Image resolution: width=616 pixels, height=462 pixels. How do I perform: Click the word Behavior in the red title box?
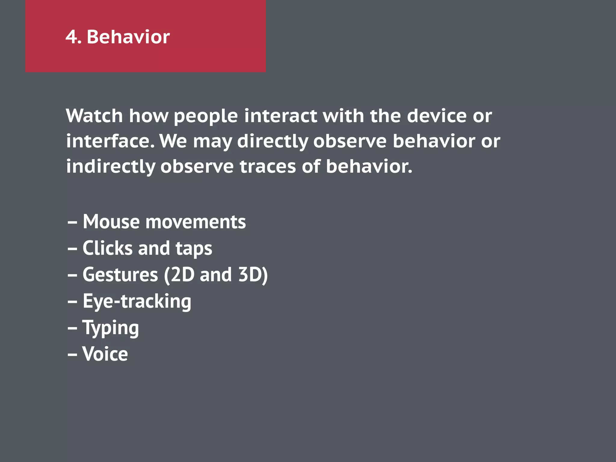128,37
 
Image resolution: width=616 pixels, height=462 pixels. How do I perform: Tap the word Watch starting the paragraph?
94,116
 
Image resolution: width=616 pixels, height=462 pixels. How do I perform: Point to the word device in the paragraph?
436,116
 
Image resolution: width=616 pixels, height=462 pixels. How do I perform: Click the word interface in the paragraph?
110,141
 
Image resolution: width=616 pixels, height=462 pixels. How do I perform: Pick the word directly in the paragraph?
273,142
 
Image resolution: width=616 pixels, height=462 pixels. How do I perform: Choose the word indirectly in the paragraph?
111,167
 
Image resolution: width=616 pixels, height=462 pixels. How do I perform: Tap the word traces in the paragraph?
268,167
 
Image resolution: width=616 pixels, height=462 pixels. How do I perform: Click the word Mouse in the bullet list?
111,222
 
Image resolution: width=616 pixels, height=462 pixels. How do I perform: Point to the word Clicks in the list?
107,248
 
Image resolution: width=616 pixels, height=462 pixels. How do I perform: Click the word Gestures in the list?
120,275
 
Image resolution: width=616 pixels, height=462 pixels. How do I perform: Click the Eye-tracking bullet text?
137,301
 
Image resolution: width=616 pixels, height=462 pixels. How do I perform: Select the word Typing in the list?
111,328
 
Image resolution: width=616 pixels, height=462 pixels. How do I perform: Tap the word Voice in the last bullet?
105,354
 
